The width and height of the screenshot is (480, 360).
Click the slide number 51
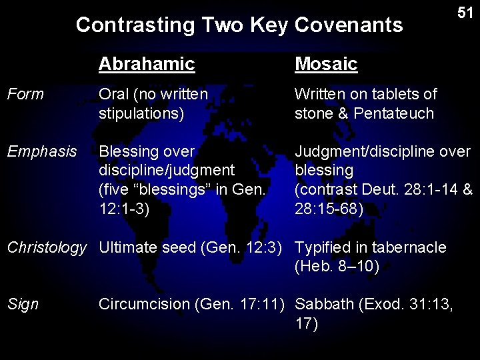coord(465,13)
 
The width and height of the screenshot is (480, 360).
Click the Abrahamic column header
coord(147,64)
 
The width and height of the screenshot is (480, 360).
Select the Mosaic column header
coord(326,64)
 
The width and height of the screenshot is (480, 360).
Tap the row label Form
coord(25,95)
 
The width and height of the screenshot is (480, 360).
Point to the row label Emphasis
coord(42,152)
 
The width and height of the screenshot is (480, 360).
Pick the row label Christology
coord(47,248)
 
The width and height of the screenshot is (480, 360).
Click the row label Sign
coord(23,305)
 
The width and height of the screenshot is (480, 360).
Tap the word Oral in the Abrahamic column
coord(114,95)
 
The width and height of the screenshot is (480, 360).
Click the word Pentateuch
coord(394,113)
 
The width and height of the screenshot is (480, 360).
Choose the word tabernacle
coord(412,248)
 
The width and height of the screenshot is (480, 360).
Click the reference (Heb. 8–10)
coord(337,267)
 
